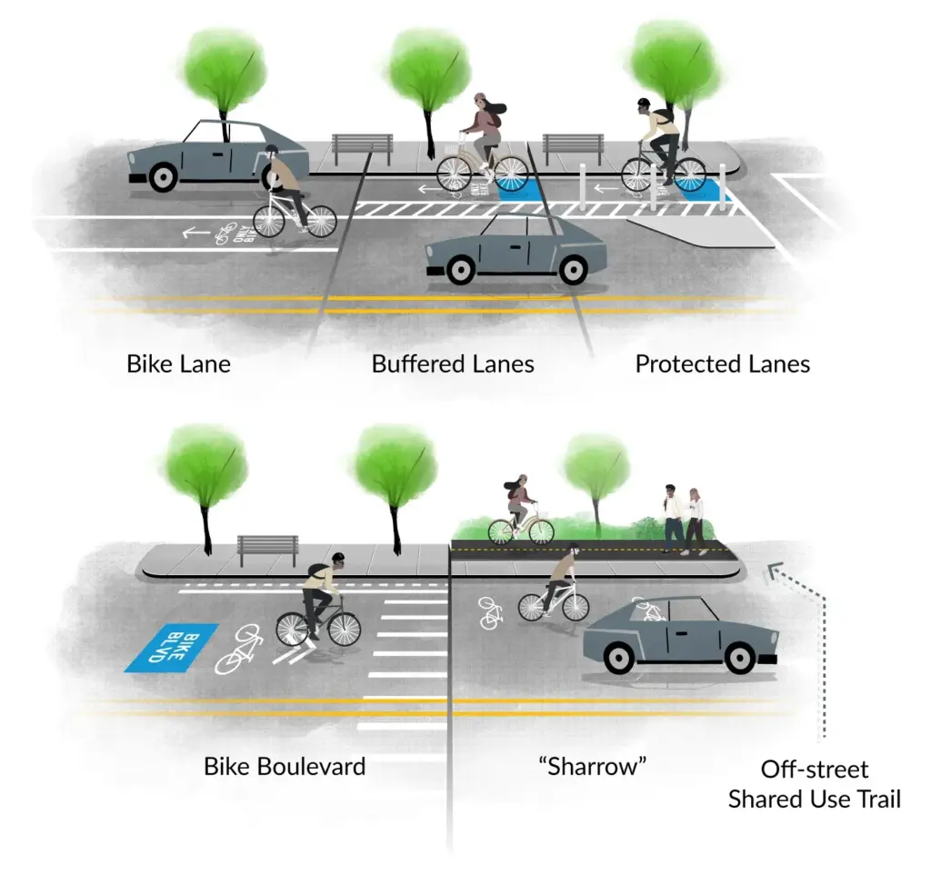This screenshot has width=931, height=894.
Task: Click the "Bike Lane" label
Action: pos(178,364)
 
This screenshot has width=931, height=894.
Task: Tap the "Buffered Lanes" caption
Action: pos(453,364)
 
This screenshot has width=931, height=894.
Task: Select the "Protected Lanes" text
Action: pos(722,364)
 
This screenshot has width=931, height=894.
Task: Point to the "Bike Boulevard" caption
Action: pos(285,766)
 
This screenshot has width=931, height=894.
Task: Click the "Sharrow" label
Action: pos(597,766)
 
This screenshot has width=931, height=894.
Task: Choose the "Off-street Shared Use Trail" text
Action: pos(814,784)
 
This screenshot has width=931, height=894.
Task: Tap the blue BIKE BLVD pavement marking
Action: pos(171,648)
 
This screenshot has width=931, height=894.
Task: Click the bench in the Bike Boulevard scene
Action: pos(267,549)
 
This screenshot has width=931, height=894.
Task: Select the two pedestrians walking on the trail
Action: pos(684,519)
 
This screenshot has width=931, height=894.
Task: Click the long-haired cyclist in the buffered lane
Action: pos(483,145)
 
